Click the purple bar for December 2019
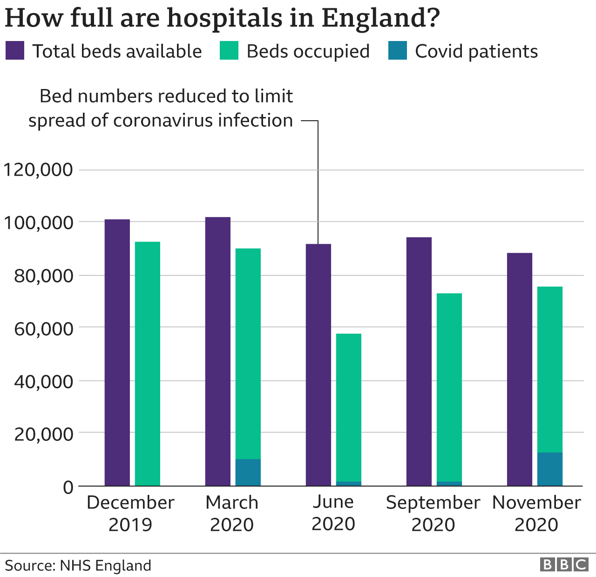tap(117, 352)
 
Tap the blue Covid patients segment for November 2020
tap(549, 469)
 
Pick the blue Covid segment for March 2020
tap(248, 472)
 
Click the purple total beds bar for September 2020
tap(419, 361)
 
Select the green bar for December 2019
tap(147, 364)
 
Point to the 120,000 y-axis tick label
tap(38, 170)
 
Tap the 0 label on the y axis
tap(68, 487)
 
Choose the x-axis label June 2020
tap(333, 513)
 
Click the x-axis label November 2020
tap(536, 513)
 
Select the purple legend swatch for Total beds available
tap(15, 51)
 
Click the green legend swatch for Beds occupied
tap(229, 51)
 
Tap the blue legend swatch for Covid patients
tap(397, 51)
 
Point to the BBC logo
tap(564, 564)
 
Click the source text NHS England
tap(105, 565)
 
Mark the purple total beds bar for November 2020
tap(519, 369)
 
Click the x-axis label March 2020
tap(231, 513)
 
